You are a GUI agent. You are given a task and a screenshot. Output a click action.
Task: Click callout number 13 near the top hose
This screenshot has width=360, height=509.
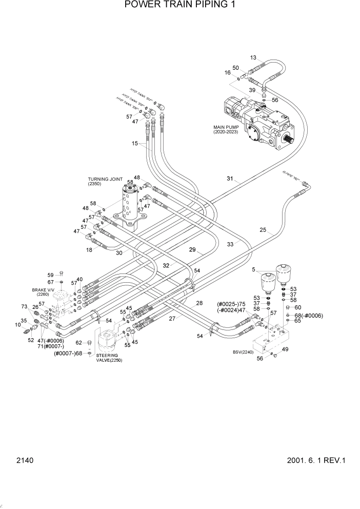click(x=253, y=57)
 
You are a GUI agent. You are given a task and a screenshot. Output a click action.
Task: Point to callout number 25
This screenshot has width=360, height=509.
click(x=263, y=230)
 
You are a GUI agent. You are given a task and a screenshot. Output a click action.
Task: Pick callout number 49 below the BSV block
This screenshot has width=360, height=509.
click(x=285, y=349)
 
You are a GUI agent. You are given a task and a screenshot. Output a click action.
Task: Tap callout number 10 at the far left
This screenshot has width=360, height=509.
click(x=17, y=325)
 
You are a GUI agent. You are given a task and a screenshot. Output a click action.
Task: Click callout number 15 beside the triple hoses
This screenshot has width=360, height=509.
click(x=135, y=144)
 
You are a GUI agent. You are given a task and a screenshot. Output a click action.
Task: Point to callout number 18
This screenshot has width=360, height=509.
click(x=89, y=249)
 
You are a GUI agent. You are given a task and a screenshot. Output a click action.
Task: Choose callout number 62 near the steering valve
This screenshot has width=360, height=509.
click(x=79, y=343)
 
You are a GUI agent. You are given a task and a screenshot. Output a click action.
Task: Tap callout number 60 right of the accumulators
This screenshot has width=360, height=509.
click(x=297, y=307)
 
